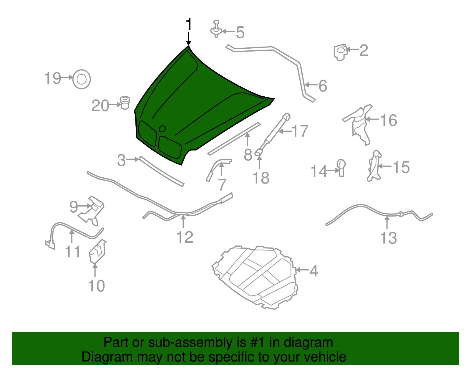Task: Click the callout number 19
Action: tap(53, 78)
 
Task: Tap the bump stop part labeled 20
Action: tap(125, 103)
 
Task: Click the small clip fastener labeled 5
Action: tap(216, 29)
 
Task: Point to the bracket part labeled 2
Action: tap(341, 52)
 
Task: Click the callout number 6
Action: tap(323, 86)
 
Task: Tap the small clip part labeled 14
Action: tap(341, 168)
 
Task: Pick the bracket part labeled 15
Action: tap(374, 166)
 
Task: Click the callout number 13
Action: tap(388, 238)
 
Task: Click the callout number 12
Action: tap(185, 237)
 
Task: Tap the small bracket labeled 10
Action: tap(97, 252)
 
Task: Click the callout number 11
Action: tap(73, 252)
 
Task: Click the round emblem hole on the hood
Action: tap(162, 129)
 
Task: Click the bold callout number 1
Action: tap(189, 24)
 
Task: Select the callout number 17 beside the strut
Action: tap(300, 131)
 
